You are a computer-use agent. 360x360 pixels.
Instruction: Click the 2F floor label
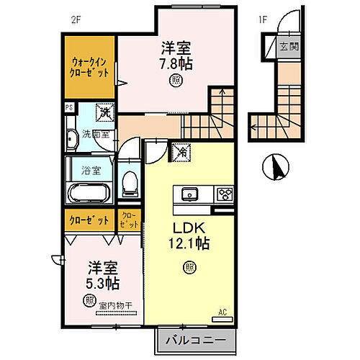point(75,19)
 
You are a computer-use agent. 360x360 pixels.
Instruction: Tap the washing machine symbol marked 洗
point(104,112)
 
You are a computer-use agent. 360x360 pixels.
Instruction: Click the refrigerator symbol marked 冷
point(179,151)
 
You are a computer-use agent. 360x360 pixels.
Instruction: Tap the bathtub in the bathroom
point(89,193)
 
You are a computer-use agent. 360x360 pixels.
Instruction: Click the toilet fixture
point(130,184)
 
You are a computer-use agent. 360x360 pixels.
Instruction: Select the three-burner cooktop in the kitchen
point(225,193)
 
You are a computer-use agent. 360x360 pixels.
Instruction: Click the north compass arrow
point(275,168)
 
